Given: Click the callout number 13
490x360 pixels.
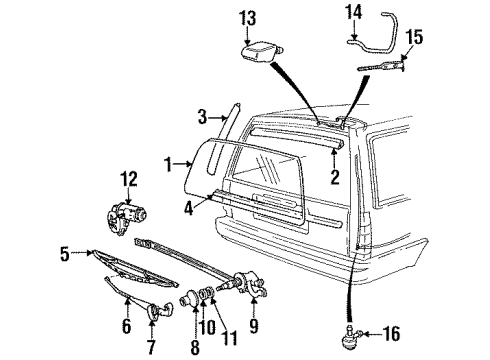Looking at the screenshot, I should tap(249, 17).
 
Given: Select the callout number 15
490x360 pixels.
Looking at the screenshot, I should tap(413, 37).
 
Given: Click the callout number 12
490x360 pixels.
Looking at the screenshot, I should tap(126, 178).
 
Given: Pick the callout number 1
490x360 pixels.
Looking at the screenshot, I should tap(170, 162).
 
